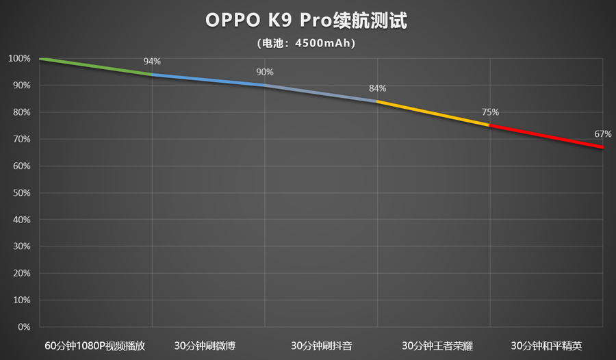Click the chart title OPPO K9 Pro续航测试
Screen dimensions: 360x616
[x=307, y=21]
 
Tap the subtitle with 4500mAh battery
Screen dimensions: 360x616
[x=307, y=43]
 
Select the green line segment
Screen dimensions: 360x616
[x=96, y=66]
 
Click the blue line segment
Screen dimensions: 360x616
[x=208, y=80]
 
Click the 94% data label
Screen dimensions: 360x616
[x=152, y=62]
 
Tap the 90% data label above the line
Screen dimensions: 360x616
[x=265, y=72]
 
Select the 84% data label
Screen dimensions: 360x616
[x=377, y=88]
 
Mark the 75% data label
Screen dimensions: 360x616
[x=490, y=112]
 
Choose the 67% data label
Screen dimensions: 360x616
[x=602, y=133]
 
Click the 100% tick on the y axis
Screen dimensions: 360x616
[x=19, y=59]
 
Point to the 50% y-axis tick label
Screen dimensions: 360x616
[x=21, y=193]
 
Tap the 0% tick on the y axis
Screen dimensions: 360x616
[x=24, y=327]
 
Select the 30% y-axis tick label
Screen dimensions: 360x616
[x=21, y=246]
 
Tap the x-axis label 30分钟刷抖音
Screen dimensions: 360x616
[x=321, y=345]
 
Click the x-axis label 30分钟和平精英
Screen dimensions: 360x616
[x=546, y=345]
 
